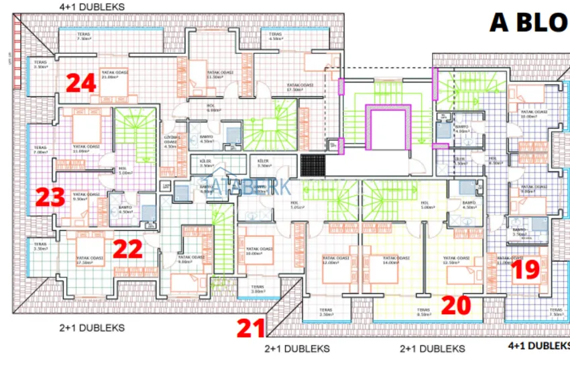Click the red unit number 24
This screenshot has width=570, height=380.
click(81, 84)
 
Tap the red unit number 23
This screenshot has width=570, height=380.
click(50, 198)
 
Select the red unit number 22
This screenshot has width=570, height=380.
click(127, 249)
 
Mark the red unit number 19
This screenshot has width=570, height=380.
click(526, 270)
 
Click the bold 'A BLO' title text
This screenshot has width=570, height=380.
click(528, 22)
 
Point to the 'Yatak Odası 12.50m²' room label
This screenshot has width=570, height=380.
click(455, 260)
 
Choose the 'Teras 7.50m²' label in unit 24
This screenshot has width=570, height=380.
click(83, 36)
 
